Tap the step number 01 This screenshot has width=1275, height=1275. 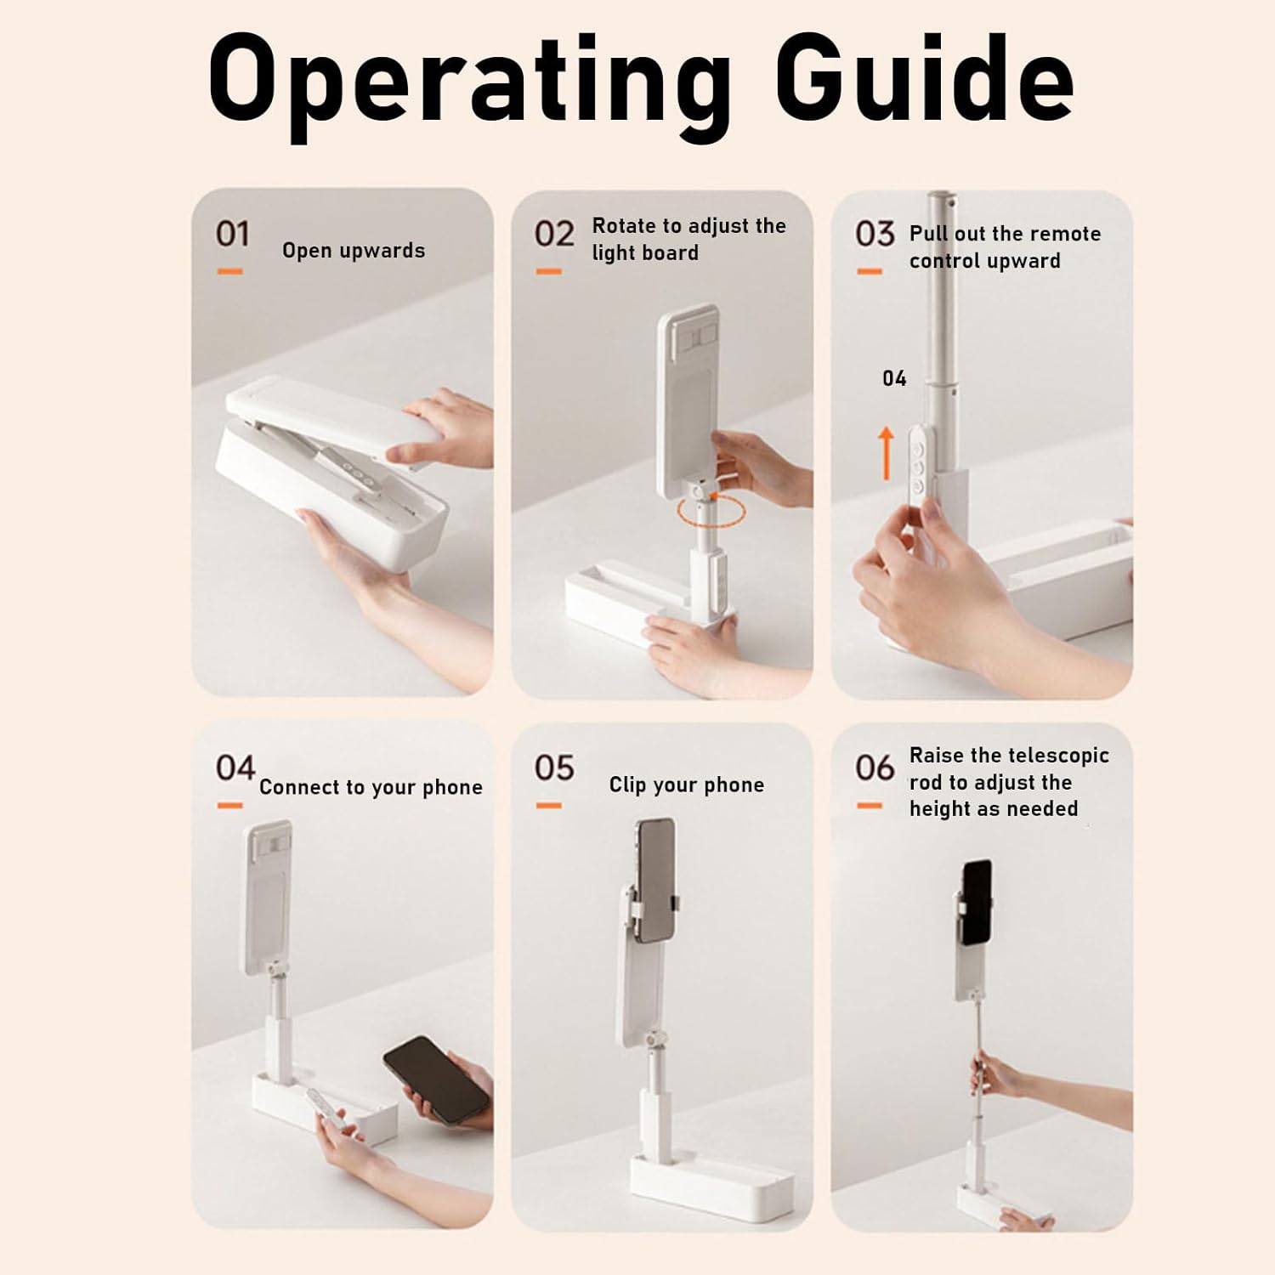click(x=233, y=234)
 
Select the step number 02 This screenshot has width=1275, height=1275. click(x=554, y=234)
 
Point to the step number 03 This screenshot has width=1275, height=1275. click(x=875, y=234)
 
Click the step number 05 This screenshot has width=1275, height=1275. click(x=554, y=768)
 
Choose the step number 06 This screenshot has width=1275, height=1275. click(x=875, y=768)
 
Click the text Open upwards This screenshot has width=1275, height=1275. click(x=354, y=252)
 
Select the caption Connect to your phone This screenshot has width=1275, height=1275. click(x=371, y=788)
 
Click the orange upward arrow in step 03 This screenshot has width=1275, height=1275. click(x=887, y=453)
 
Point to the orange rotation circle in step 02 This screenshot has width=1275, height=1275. click(x=711, y=512)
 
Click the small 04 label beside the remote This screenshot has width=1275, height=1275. click(x=894, y=379)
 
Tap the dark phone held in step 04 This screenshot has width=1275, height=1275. click(x=436, y=1079)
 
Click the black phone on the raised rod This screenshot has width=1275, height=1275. click(x=977, y=903)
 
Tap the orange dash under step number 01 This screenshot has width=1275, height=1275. click(x=229, y=272)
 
